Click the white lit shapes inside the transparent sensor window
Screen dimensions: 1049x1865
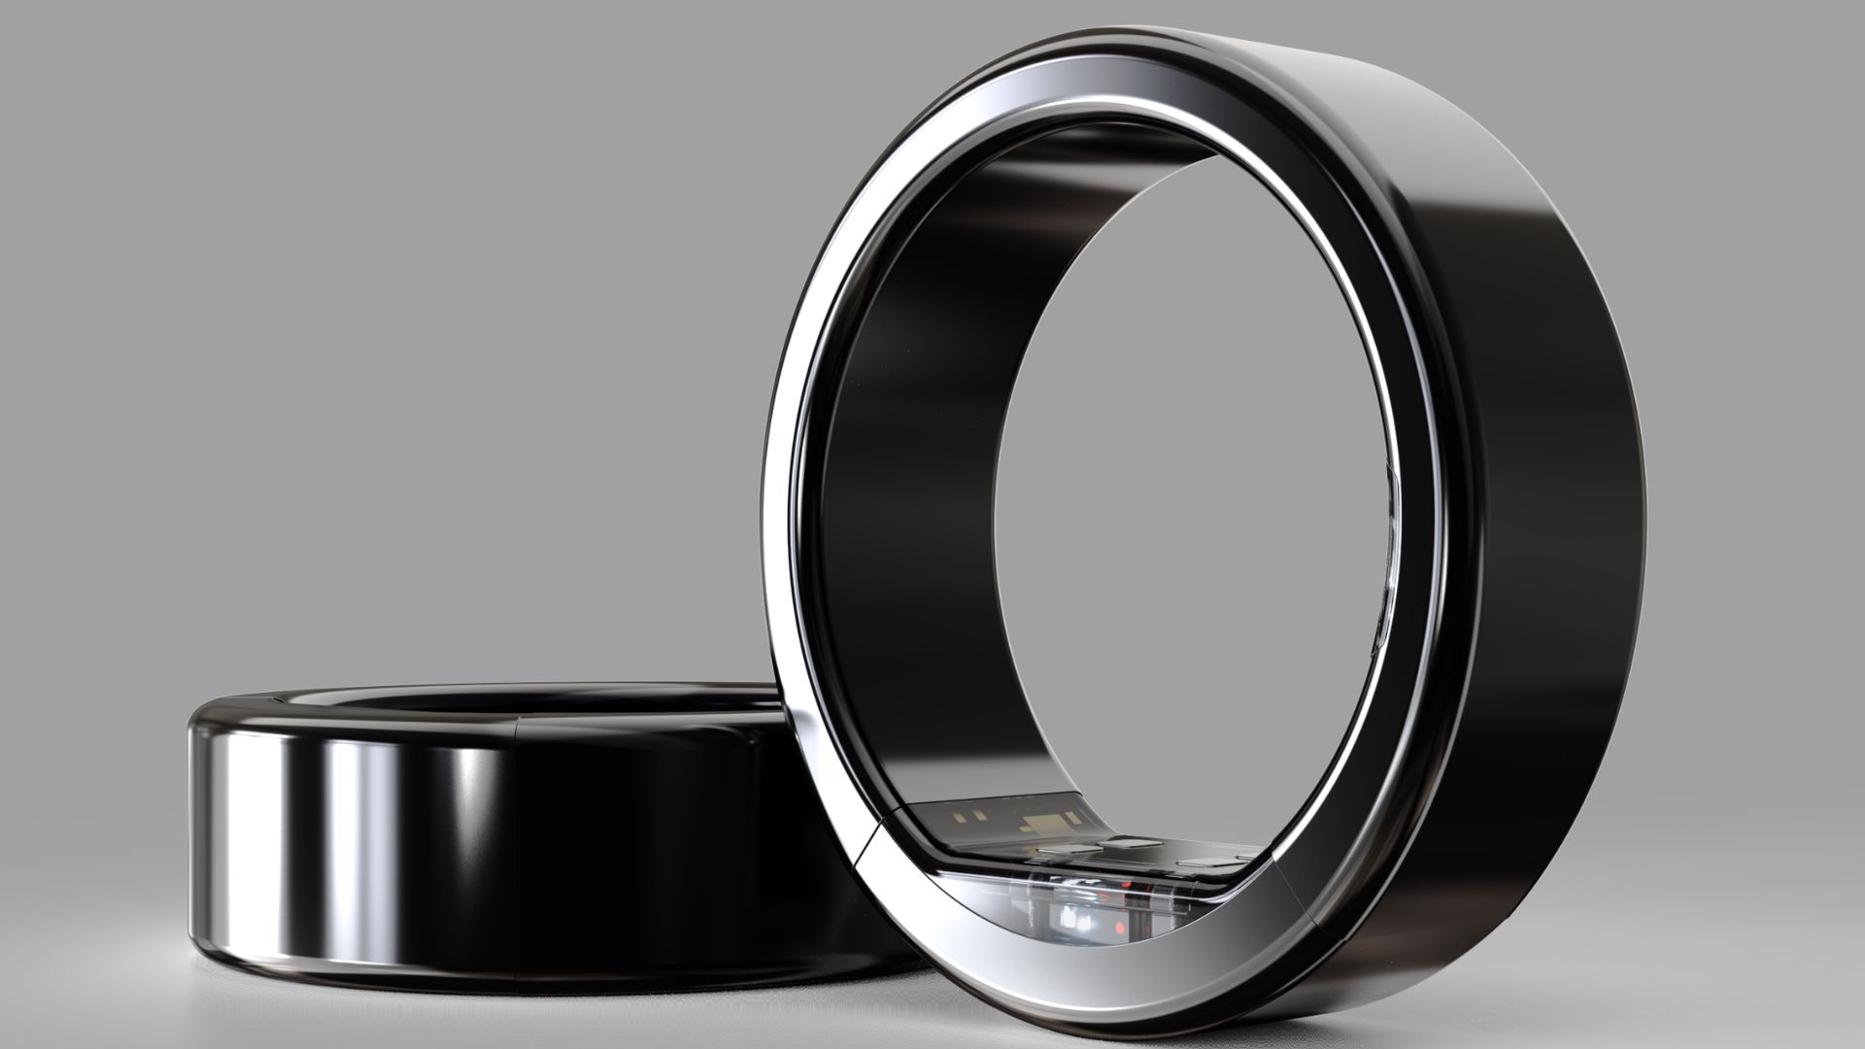(x=1074, y=919)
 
